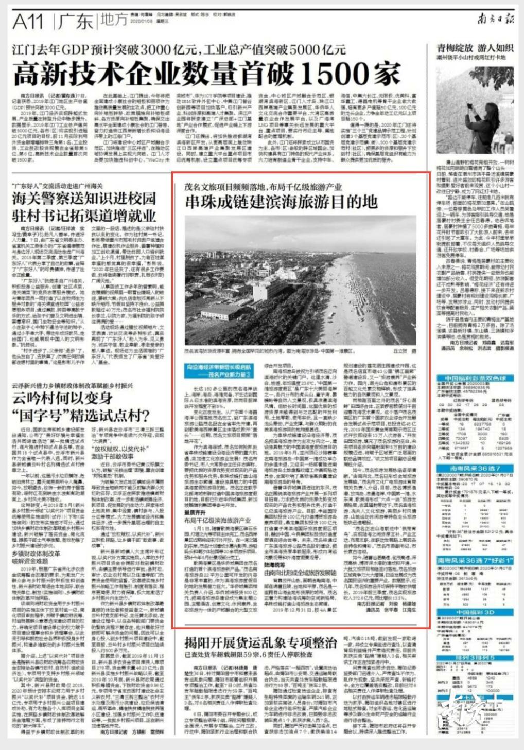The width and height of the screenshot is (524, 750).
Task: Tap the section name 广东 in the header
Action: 76,22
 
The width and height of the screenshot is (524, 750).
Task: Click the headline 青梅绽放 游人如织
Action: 475,48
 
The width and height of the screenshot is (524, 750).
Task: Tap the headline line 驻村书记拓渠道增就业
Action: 83,215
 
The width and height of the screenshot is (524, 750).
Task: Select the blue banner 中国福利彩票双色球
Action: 475,378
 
